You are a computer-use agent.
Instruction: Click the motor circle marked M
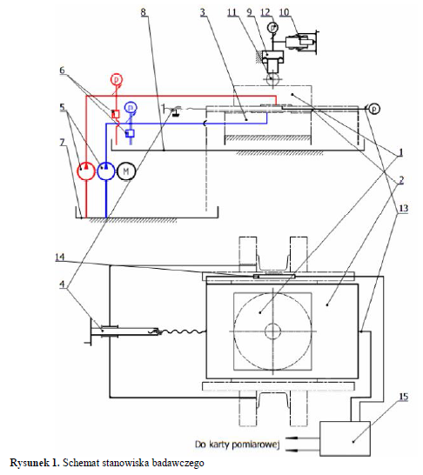click(126, 171)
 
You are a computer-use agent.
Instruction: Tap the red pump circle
click(86, 171)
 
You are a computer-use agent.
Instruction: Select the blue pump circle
click(106, 171)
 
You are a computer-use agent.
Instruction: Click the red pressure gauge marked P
click(116, 80)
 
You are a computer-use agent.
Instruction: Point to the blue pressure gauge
click(131, 107)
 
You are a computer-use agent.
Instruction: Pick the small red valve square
click(116, 114)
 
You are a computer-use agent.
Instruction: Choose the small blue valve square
click(131, 133)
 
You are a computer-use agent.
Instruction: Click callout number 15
click(403, 397)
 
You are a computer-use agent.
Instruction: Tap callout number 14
click(60, 257)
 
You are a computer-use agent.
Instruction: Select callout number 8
click(144, 12)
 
